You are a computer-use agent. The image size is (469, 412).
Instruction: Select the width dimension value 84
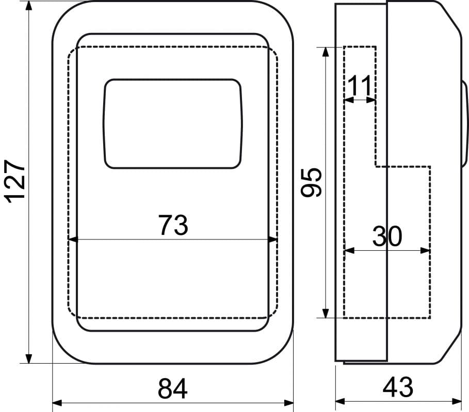pyautogui.click(x=172, y=389)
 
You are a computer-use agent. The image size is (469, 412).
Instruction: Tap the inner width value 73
pyautogui.click(x=173, y=225)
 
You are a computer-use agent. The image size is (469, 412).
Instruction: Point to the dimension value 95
pyautogui.click(x=311, y=183)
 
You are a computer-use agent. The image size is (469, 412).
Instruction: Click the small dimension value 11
pyautogui.click(x=360, y=85)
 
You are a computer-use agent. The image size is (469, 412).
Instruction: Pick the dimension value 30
pyautogui.click(x=387, y=236)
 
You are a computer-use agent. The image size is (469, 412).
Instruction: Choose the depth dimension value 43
pyautogui.click(x=398, y=387)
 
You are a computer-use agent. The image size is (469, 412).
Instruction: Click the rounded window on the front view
pyautogui.click(x=172, y=124)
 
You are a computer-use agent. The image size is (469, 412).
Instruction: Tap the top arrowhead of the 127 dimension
pyautogui.click(x=29, y=6)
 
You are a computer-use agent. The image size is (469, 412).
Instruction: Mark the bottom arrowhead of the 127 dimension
pyautogui.click(x=29, y=358)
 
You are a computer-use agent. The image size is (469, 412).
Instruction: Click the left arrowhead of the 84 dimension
pyautogui.click(x=57, y=403)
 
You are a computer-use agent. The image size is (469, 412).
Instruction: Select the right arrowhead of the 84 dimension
pyautogui.click(x=288, y=403)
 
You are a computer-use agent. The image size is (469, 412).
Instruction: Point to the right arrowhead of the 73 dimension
pyautogui.click(x=273, y=239)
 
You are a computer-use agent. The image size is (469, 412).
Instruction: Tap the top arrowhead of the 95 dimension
pyautogui.click(x=326, y=52)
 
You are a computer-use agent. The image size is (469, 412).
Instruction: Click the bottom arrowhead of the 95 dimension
pyautogui.click(x=326, y=313)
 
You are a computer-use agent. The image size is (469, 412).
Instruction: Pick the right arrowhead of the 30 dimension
pyautogui.click(x=425, y=250)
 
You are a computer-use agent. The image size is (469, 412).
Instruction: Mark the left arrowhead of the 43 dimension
pyautogui.click(x=341, y=401)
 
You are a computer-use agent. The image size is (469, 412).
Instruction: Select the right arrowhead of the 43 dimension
pyautogui.click(x=457, y=401)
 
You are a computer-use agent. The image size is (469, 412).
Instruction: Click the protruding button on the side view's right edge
pyautogui.click(x=464, y=123)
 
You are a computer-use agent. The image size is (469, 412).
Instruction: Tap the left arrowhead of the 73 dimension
pyautogui.click(x=73, y=239)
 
